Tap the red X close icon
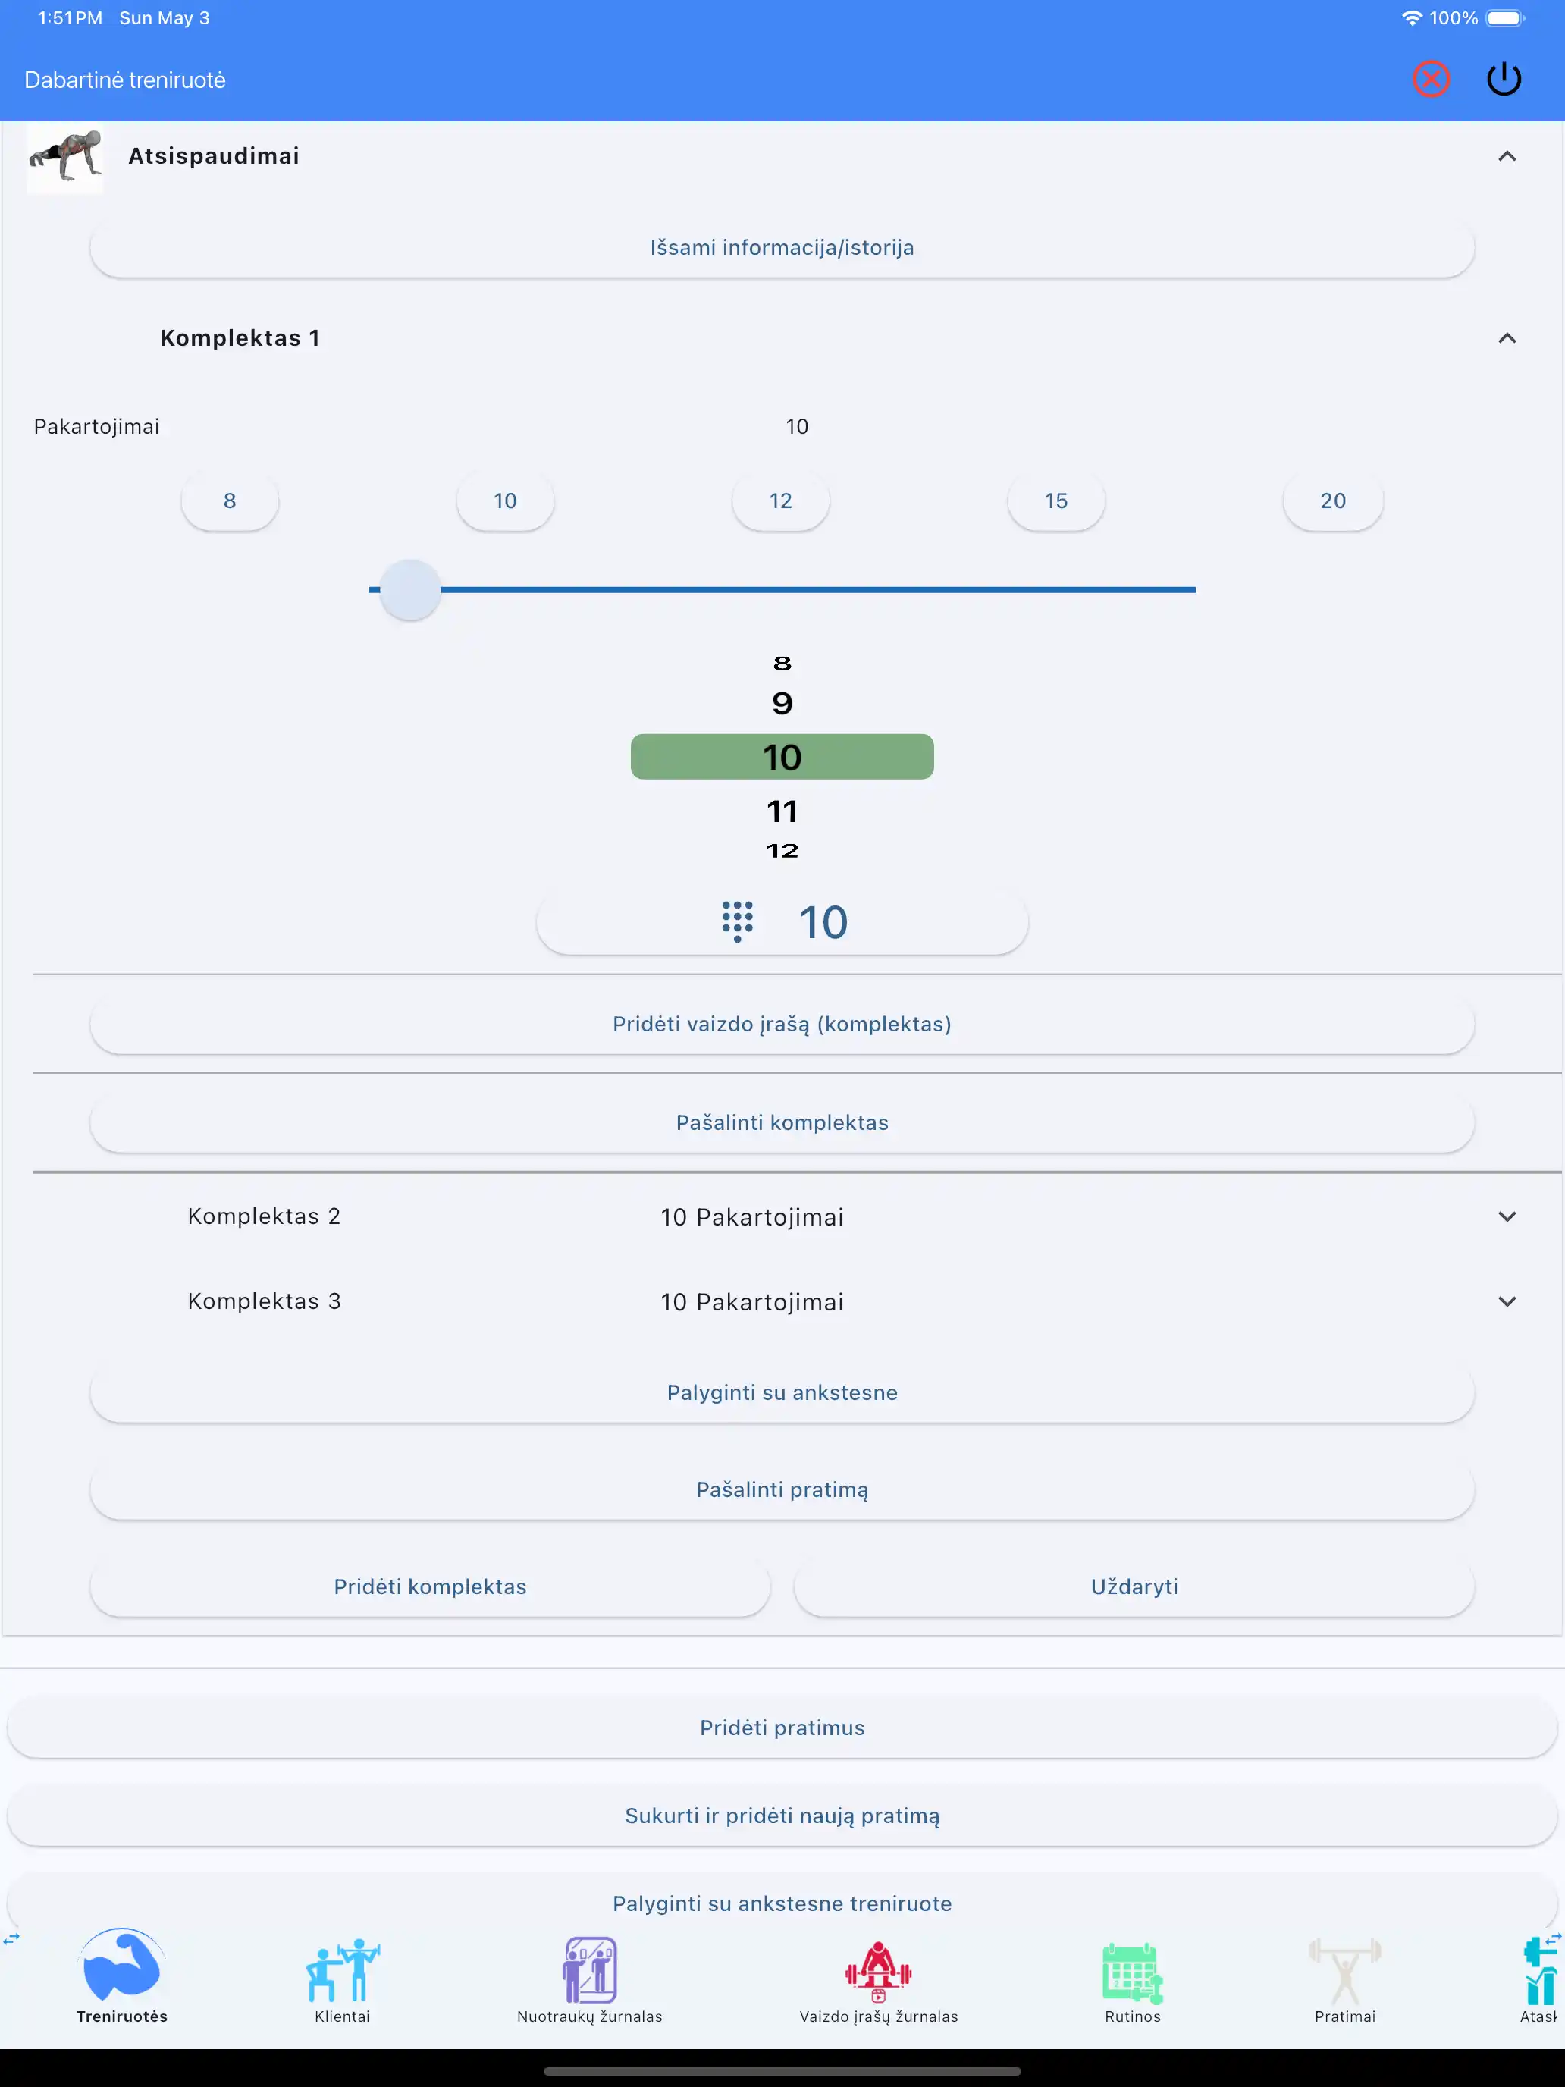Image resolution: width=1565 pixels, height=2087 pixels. [1430, 80]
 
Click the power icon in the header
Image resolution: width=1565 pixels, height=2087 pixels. [1504, 80]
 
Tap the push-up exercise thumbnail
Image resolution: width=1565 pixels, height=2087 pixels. [65, 158]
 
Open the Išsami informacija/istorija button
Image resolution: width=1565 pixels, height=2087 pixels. [782, 247]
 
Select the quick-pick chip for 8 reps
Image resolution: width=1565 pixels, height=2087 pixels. [229, 501]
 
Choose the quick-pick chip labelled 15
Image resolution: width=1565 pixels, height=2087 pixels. [1055, 501]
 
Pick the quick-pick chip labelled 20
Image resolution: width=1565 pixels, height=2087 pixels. [1333, 501]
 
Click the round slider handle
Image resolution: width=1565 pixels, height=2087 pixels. [410, 590]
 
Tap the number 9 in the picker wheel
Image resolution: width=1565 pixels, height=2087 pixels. [782, 704]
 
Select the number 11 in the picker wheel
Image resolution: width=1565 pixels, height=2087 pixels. [782, 811]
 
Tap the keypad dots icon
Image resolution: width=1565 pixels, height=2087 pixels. [738, 922]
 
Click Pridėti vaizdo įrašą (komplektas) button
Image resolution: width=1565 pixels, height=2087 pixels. [782, 1025]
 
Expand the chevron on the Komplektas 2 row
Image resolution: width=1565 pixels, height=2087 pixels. [1507, 1217]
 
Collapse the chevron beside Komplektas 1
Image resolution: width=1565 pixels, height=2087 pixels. [1507, 337]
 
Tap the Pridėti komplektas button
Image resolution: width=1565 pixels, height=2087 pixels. [430, 1587]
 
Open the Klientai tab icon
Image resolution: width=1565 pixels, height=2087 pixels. [343, 1971]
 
